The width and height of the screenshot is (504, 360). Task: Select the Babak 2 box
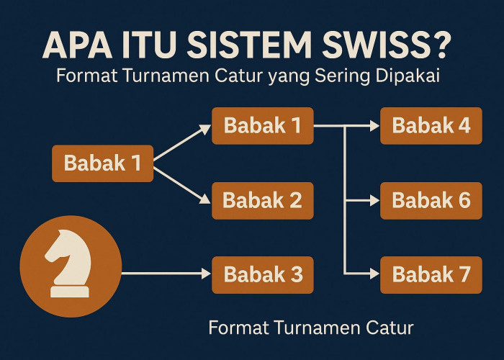click(x=262, y=199)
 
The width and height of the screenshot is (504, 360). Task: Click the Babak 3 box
click(x=262, y=274)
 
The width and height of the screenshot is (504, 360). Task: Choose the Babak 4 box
click(x=431, y=125)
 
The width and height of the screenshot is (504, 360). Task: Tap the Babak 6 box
click(x=431, y=199)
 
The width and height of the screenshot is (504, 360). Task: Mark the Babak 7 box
click(x=431, y=274)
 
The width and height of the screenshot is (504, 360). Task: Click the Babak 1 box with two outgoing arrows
click(x=102, y=163)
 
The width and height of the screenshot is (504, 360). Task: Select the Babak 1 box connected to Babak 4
click(x=262, y=125)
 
